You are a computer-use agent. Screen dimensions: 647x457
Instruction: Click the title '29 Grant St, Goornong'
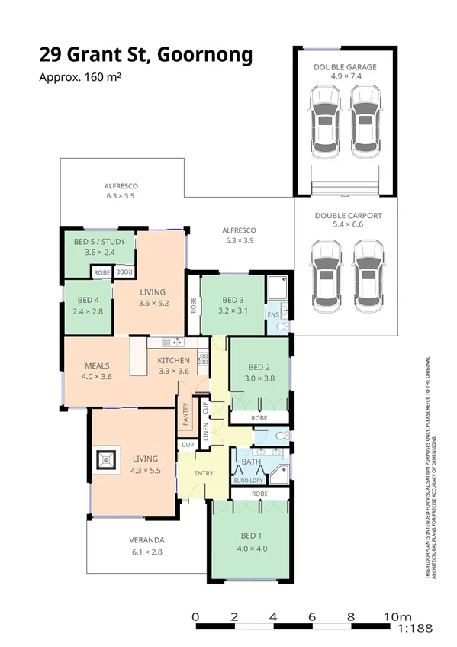pyautogui.click(x=146, y=56)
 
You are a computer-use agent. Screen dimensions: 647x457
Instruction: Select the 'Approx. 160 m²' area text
pyautogui.click(x=82, y=77)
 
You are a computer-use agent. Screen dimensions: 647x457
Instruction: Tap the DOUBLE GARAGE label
pyautogui.click(x=345, y=67)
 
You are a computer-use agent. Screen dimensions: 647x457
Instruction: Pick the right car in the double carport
pyautogui.click(x=368, y=273)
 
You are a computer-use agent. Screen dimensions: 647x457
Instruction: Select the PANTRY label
pyautogui.click(x=185, y=416)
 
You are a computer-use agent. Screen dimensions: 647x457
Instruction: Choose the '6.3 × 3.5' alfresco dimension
pyautogui.click(x=121, y=196)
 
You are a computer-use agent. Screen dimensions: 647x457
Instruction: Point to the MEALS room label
pyautogui.click(x=96, y=365)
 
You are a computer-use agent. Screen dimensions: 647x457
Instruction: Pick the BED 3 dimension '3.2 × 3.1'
pyautogui.click(x=233, y=311)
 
